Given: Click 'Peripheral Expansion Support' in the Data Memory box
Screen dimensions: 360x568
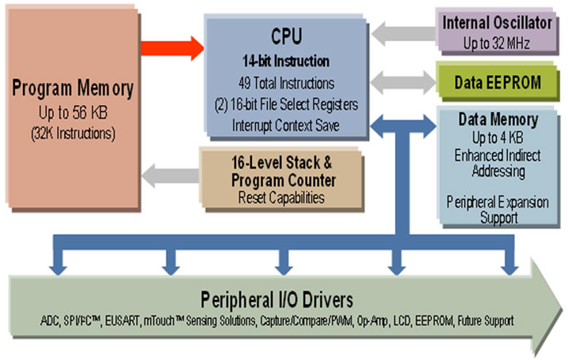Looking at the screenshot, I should point(498,208).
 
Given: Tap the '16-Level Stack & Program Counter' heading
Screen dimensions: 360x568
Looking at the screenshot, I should point(281,173).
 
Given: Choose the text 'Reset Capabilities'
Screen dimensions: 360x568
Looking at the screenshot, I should point(281,197).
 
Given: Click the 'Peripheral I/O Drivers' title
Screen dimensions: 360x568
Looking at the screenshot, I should point(276,300).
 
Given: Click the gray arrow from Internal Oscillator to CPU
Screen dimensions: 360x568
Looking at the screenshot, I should point(402,34).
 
